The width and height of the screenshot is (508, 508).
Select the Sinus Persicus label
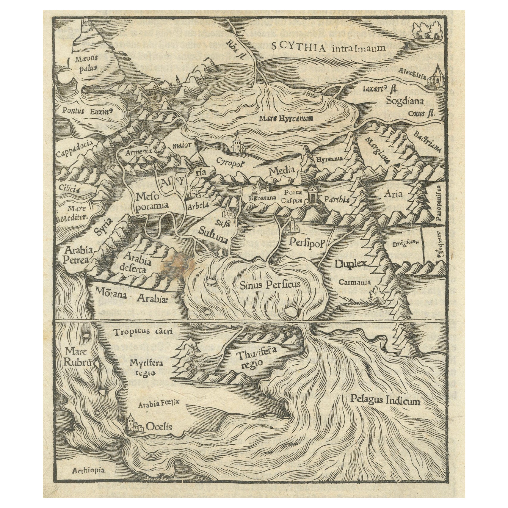coord(269,285)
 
